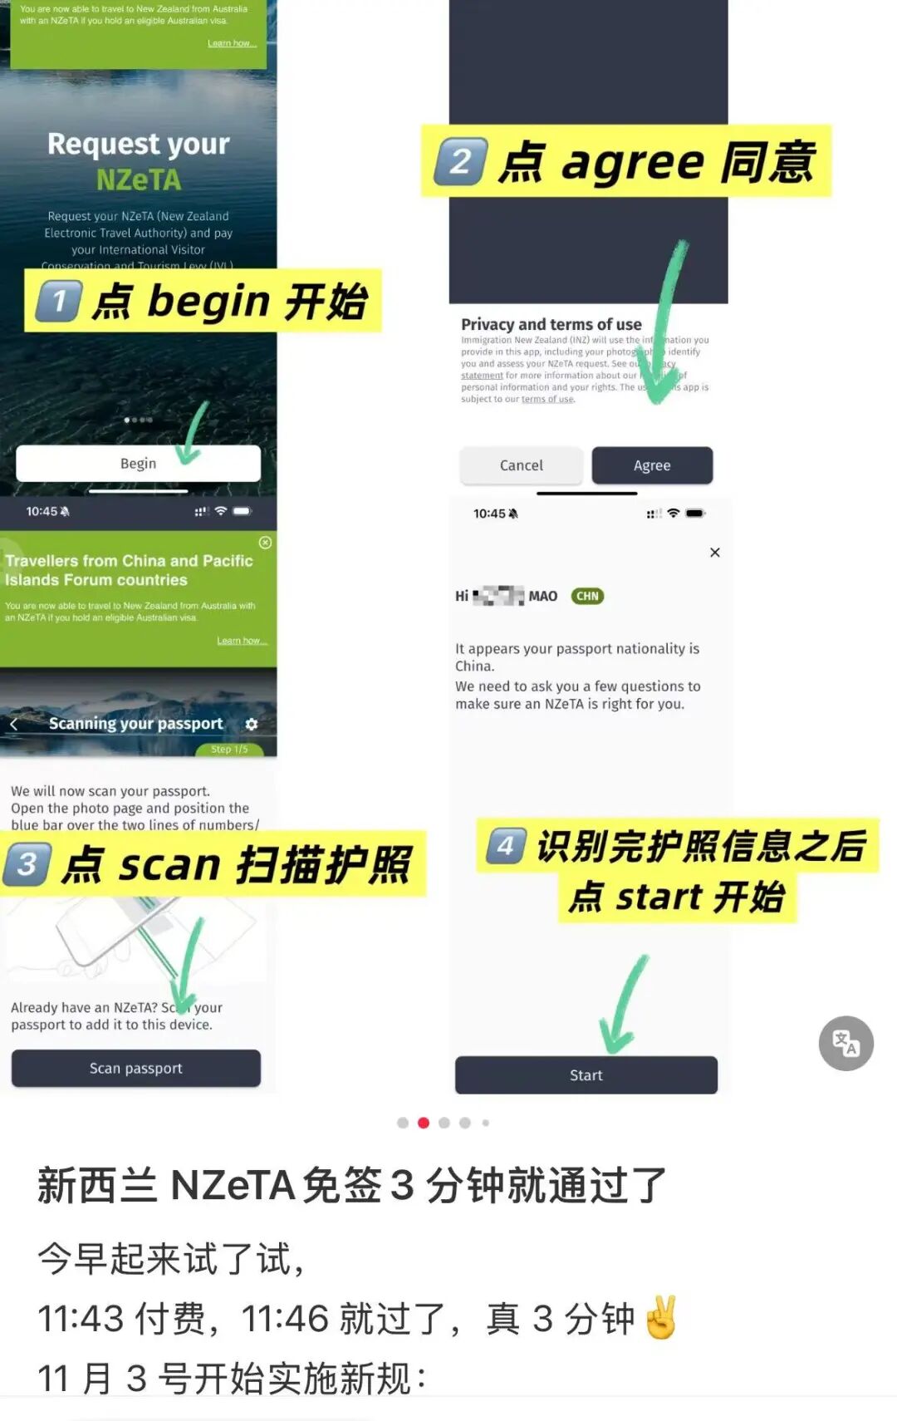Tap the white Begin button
[x=138, y=464]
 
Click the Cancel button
[x=521, y=465]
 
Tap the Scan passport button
[x=136, y=1069]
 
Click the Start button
[x=586, y=1075]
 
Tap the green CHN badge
[x=587, y=596]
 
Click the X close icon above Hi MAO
[x=715, y=553]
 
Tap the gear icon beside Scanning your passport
[x=252, y=725]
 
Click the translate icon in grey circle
[x=846, y=1043]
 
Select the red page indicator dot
[x=424, y=1123]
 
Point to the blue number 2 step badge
[x=461, y=161]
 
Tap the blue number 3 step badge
[x=28, y=864]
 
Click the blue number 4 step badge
[x=506, y=847]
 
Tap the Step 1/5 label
[x=229, y=750]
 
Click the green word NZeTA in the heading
[x=138, y=179]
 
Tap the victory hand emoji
[x=661, y=1318]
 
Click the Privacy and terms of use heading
[x=551, y=324]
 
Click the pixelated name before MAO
[x=498, y=596]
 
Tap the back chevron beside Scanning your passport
[x=13, y=725]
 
